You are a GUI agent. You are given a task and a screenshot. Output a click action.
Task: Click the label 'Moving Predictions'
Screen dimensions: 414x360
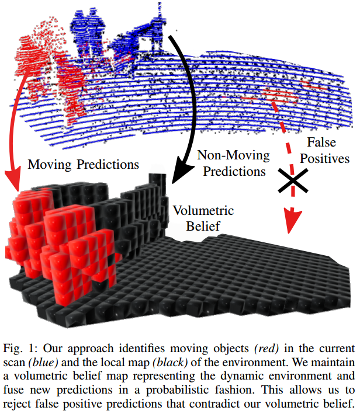(x=84, y=165)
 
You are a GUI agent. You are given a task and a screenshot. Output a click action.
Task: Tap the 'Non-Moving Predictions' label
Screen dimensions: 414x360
(x=233, y=164)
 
